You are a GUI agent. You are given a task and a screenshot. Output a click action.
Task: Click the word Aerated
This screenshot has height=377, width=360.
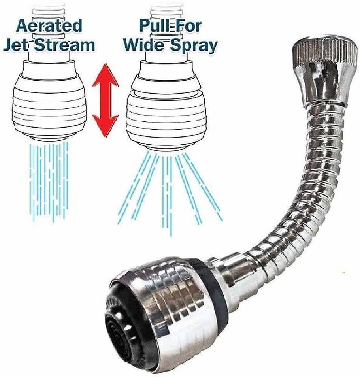point(44,25)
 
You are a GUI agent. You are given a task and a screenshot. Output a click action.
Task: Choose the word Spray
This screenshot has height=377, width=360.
point(193,46)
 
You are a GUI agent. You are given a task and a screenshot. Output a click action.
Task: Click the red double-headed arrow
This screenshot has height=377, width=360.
point(106,101)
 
